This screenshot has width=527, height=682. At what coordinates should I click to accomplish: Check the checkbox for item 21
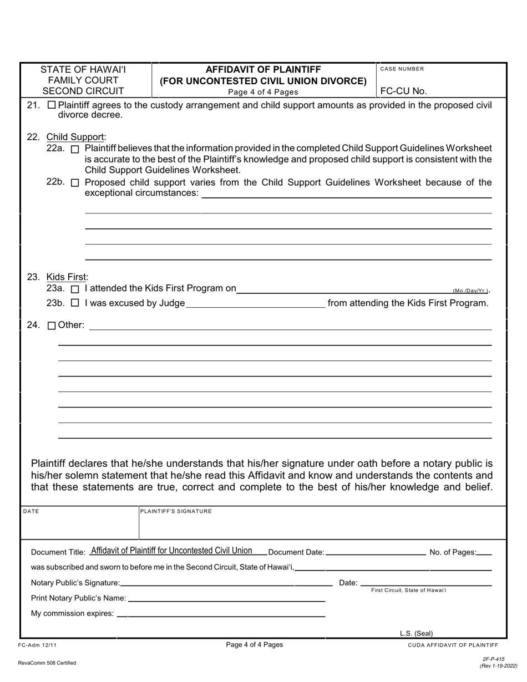click(x=52, y=105)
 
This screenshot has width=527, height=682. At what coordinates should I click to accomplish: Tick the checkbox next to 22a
click(x=75, y=149)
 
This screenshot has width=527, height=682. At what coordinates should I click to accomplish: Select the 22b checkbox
click(x=75, y=183)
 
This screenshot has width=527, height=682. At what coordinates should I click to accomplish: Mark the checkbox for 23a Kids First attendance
click(x=75, y=289)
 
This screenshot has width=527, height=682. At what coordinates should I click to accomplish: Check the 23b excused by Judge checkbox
click(x=75, y=303)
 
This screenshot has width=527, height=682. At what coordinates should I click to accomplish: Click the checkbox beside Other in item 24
click(x=52, y=326)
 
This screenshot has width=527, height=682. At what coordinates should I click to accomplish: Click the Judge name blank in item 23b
click(x=255, y=303)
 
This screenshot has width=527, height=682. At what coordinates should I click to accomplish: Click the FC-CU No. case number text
click(x=404, y=91)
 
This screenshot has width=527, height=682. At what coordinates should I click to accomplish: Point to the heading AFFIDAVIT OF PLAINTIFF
click(x=263, y=69)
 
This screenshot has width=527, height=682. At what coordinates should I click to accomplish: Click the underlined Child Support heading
click(x=76, y=137)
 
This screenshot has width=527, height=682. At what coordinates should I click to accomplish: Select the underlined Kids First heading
click(x=67, y=277)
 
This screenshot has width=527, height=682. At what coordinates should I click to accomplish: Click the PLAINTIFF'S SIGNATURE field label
click(x=176, y=511)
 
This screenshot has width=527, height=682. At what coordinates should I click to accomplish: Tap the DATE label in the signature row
click(x=31, y=511)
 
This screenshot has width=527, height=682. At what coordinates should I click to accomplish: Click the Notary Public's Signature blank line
click(x=226, y=583)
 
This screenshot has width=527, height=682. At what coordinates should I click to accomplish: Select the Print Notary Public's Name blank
click(x=226, y=598)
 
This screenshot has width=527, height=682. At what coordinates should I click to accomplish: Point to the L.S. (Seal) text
click(x=416, y=633)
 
